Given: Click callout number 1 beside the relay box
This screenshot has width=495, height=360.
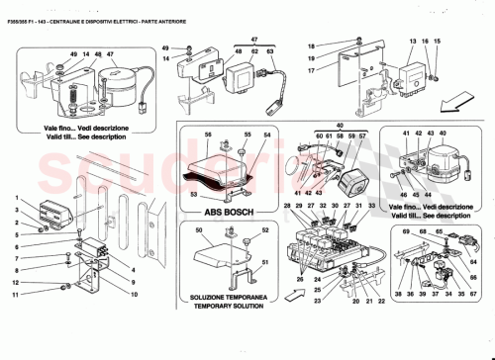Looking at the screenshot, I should coord(17,198).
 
